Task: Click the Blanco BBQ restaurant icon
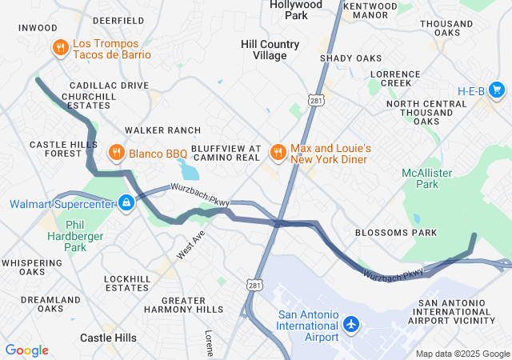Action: tap(116, 151)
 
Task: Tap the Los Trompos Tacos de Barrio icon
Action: tap(60, 48)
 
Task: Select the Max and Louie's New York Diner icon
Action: tap(278, 151)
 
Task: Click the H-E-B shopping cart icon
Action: tap(497, 90)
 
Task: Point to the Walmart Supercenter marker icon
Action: tap(126, 203)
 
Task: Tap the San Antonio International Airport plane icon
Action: tap(350, 325)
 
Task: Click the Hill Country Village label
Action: tap(270, 50)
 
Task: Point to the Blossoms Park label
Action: tap(396, 233)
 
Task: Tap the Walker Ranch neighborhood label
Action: tap(162, 130)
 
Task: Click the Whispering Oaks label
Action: tap(34, 266)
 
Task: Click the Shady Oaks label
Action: tap(350, 58)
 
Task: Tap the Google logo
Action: tap(26, 350)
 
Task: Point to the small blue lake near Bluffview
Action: tap(188, 170)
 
